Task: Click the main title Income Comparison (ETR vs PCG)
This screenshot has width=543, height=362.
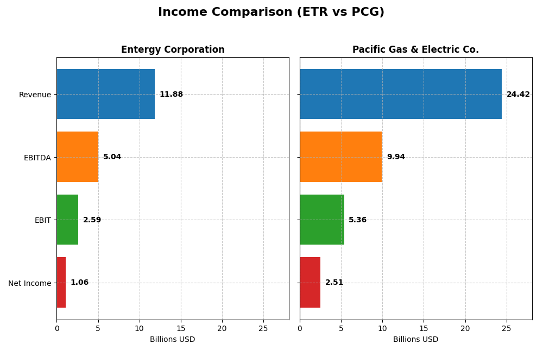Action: [271, 12]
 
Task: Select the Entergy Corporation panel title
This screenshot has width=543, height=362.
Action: [173, 49]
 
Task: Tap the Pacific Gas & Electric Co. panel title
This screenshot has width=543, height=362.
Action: [415, 49]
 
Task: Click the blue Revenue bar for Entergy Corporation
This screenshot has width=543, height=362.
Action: [105, 94]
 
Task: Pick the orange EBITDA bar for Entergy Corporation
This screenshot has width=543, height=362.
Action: [78, 157]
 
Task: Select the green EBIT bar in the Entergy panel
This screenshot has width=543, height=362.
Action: [67, 220]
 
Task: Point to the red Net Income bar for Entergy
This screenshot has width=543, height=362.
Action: [61, 283]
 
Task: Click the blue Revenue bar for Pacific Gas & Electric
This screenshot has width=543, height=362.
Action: [401, 94]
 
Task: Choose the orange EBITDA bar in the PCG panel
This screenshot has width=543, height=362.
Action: [340, 157]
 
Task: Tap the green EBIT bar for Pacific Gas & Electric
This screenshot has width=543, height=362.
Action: [322, 220]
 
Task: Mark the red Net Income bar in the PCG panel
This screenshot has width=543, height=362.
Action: [310, 283]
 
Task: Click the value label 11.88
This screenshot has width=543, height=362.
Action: [171, 95]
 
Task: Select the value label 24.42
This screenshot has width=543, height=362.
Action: [518, 95]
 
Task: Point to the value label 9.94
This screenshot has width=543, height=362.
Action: [396, 157]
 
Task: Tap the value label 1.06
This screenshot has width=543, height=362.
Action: [79, 283]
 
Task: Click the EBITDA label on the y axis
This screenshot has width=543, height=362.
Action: [37, 158]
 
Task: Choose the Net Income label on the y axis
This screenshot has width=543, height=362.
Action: [29, 283]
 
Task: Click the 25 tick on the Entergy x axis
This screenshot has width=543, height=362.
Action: [263, 328]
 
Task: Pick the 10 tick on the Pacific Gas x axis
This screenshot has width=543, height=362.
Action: [382, 328]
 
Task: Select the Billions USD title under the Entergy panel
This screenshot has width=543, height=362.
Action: [173, 339]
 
